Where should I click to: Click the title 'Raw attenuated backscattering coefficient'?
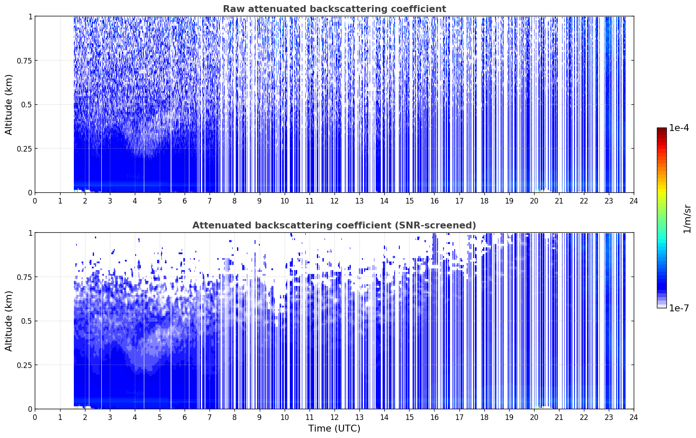click(x=334, y=9)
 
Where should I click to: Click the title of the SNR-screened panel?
click(x=334, y=225)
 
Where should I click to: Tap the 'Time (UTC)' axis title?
click(x=334, y=429)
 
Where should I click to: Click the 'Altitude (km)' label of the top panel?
click(x=9, y=105)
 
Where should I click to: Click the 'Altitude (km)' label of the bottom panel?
click(x=9, y=321)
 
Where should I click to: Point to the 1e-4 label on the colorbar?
click(x=679, y=128)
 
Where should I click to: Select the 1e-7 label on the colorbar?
click(x=679, y=308)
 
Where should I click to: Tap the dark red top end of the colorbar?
click(x=662, y=129)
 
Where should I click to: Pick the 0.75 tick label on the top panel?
click(x=24, y=61)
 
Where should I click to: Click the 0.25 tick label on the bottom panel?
click(x=24, y=365)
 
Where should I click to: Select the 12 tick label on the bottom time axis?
click(x=334, y=417)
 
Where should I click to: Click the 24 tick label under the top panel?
click(x=634, y=201)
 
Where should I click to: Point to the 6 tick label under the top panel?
click(x=185, y=201)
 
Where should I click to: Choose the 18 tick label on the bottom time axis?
click(x=484, y=417)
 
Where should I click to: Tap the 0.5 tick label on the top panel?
click(x=27, y=105)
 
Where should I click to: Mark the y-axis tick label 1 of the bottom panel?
click(x=30, y=233)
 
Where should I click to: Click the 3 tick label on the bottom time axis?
click(x=109, y=417)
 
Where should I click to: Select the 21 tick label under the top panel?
click(x=559, y=201)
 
